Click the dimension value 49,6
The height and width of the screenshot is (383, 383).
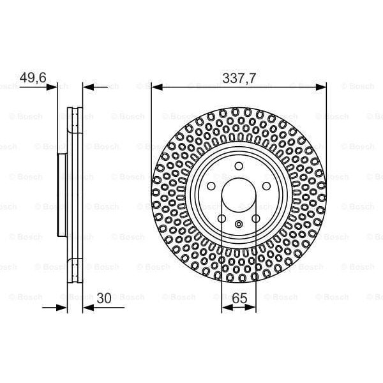(x=33, y=78)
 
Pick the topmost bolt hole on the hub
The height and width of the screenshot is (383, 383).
(x=238, y=167)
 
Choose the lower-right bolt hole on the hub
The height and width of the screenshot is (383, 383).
(x=255, y=218)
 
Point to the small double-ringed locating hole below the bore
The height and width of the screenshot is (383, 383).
(x=238, y=224)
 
